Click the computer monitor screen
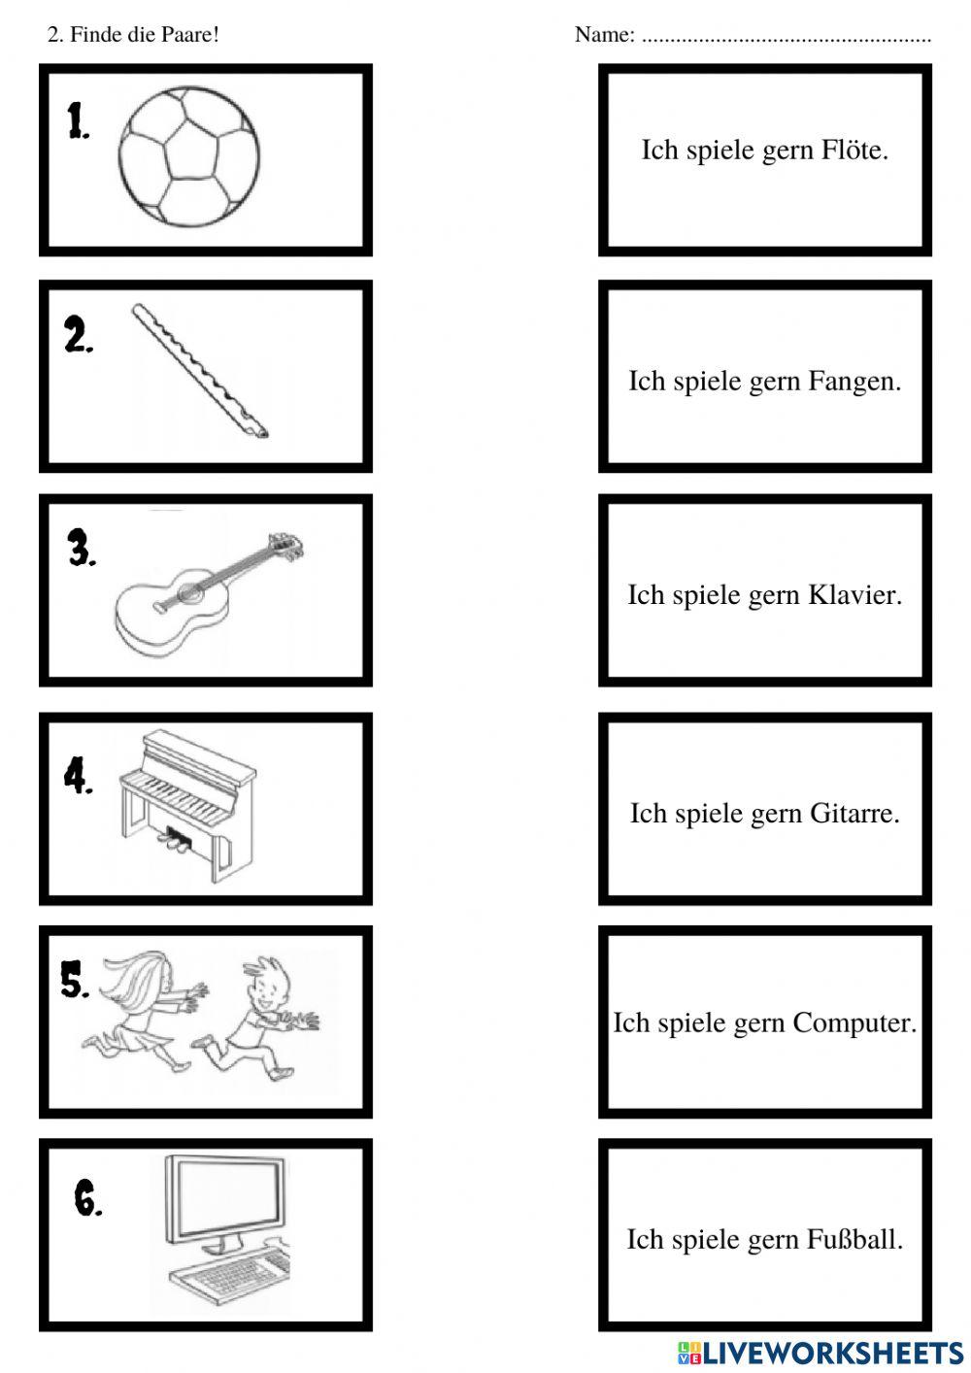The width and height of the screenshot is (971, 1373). click(x=225, y=1196)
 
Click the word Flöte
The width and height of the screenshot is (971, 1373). click(x=854, y=151)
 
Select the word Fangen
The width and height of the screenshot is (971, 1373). click(x=854, y=382)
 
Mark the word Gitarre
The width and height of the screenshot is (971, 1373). click(x=854, y=814)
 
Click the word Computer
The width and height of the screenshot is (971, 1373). click(x=854, y=1023)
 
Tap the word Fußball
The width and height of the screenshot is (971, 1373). click(x=854, y=1240)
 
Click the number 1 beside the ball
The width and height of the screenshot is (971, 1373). click(x=78, y=121)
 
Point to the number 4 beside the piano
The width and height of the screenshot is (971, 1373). click(x=78, y=777)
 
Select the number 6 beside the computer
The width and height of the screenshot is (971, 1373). click(x=87, y=1200)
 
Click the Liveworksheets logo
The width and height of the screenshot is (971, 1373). click(x=820, y=1353)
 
